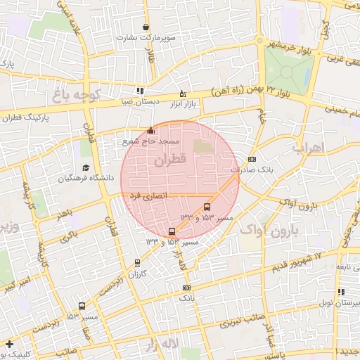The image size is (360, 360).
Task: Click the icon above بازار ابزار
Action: [183, 94]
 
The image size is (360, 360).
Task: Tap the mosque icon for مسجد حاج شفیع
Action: [151, 130]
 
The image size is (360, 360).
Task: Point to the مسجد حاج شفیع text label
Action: [151, 141]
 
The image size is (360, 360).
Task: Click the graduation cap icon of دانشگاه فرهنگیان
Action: [86, 168]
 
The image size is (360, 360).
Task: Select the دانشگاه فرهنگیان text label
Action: [86, 179]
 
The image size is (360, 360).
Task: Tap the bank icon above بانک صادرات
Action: [252, 159]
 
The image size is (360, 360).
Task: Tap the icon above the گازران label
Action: [137, 263]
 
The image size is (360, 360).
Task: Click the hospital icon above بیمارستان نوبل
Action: [341, 292]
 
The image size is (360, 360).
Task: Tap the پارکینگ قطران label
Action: [27, 117]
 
